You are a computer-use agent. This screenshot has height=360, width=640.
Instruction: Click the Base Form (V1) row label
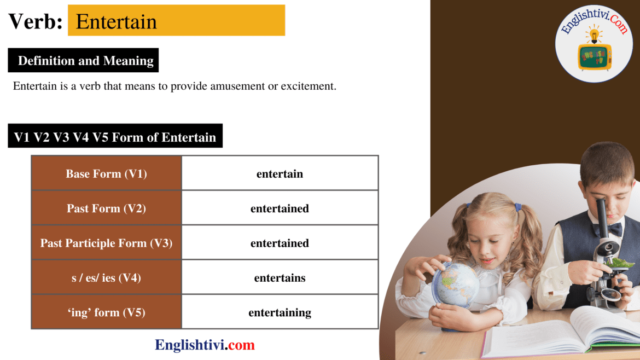pos(106,174)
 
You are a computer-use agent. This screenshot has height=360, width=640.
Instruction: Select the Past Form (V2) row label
pos(106,208)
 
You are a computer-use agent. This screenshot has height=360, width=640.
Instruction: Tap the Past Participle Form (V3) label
pos(106,243)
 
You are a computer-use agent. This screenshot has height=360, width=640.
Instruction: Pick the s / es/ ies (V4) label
pos(106,278)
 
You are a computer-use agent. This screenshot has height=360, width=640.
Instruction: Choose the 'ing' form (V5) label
pos(106,312)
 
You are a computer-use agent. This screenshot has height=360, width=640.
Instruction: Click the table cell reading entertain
pos(280,174)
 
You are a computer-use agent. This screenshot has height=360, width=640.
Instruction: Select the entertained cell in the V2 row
pos(280,208)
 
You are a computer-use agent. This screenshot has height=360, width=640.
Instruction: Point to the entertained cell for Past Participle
pos(280,243)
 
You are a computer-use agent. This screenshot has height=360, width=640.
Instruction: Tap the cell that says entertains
pos(280,278)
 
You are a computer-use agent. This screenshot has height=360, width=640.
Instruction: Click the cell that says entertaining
pos(280,312)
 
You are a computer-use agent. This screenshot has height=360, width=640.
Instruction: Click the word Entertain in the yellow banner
pos(117,21)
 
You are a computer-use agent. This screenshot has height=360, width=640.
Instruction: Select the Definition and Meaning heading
pos(85,61)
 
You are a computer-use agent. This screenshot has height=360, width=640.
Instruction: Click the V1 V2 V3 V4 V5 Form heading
pos(115,137)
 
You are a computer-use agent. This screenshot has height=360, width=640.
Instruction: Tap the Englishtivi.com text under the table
pos(205,345)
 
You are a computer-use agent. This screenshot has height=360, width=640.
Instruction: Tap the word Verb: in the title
pos(36,21)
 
